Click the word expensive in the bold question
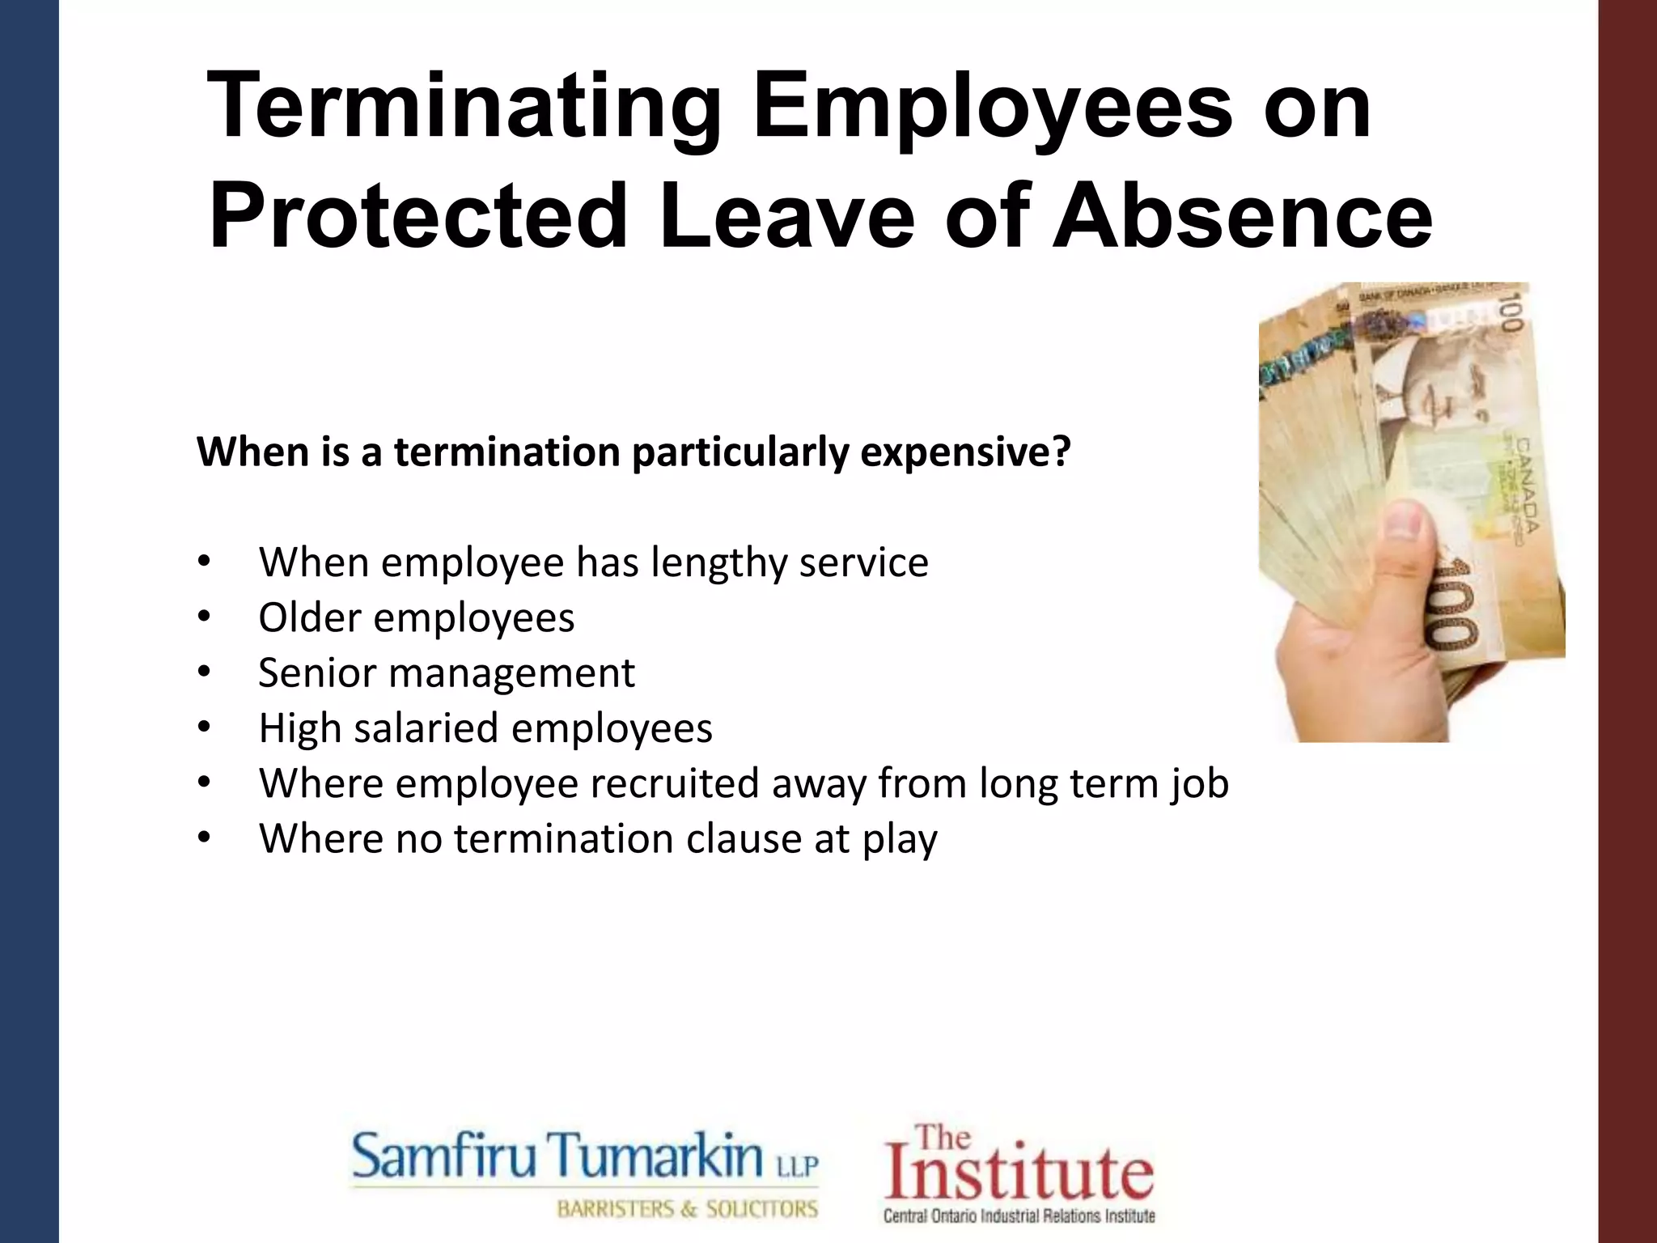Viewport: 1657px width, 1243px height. point(964,452)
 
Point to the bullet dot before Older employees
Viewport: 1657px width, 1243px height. point(203,618)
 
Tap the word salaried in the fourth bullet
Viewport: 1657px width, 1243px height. point(426,728)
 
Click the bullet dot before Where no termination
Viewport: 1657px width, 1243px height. point(203,839)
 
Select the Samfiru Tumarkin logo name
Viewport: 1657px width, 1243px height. point(558,1156)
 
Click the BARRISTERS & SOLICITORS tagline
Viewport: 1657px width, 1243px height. point(687,1209)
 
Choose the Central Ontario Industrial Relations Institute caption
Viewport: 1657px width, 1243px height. point(1019,1215)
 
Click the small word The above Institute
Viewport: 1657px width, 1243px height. point(943,1137)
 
